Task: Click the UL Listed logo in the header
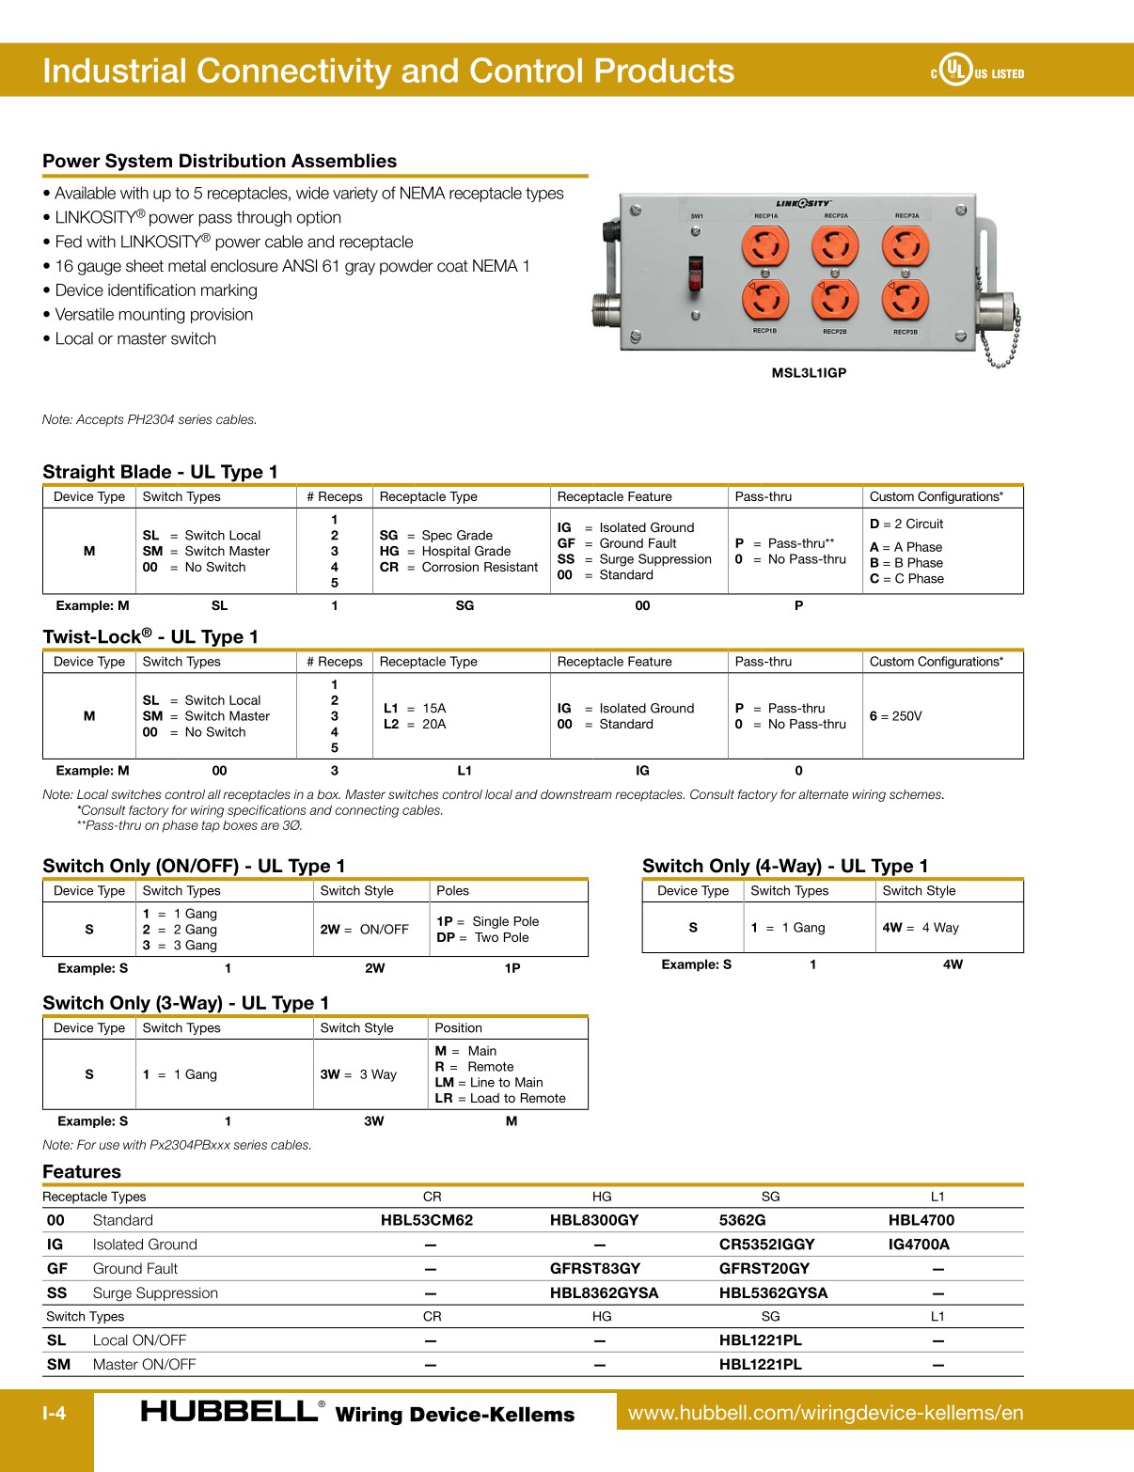(x=977, y=70)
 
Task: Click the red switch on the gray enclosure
(x=696, y=273)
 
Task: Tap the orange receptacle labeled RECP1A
(x=764, y=247)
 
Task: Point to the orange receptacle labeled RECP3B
(x=905, y=300)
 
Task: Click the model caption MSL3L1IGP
(x=809, y=373)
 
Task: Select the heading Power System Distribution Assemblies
(x=219, y=161)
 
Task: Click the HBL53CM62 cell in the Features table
(x=426, y=1220)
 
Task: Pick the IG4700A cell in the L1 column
(x=919, y=1245)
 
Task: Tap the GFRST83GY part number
(x=594, y=1269)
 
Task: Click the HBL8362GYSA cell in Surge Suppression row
(x=604, y=1293)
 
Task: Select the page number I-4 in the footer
(x=54, y=1413)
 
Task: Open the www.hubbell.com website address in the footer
(x=825, y=1413)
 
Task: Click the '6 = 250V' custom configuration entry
(x=895, y=716)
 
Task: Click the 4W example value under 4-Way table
(x=953, y=964)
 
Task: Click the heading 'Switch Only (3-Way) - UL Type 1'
(x=185, y=1003)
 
